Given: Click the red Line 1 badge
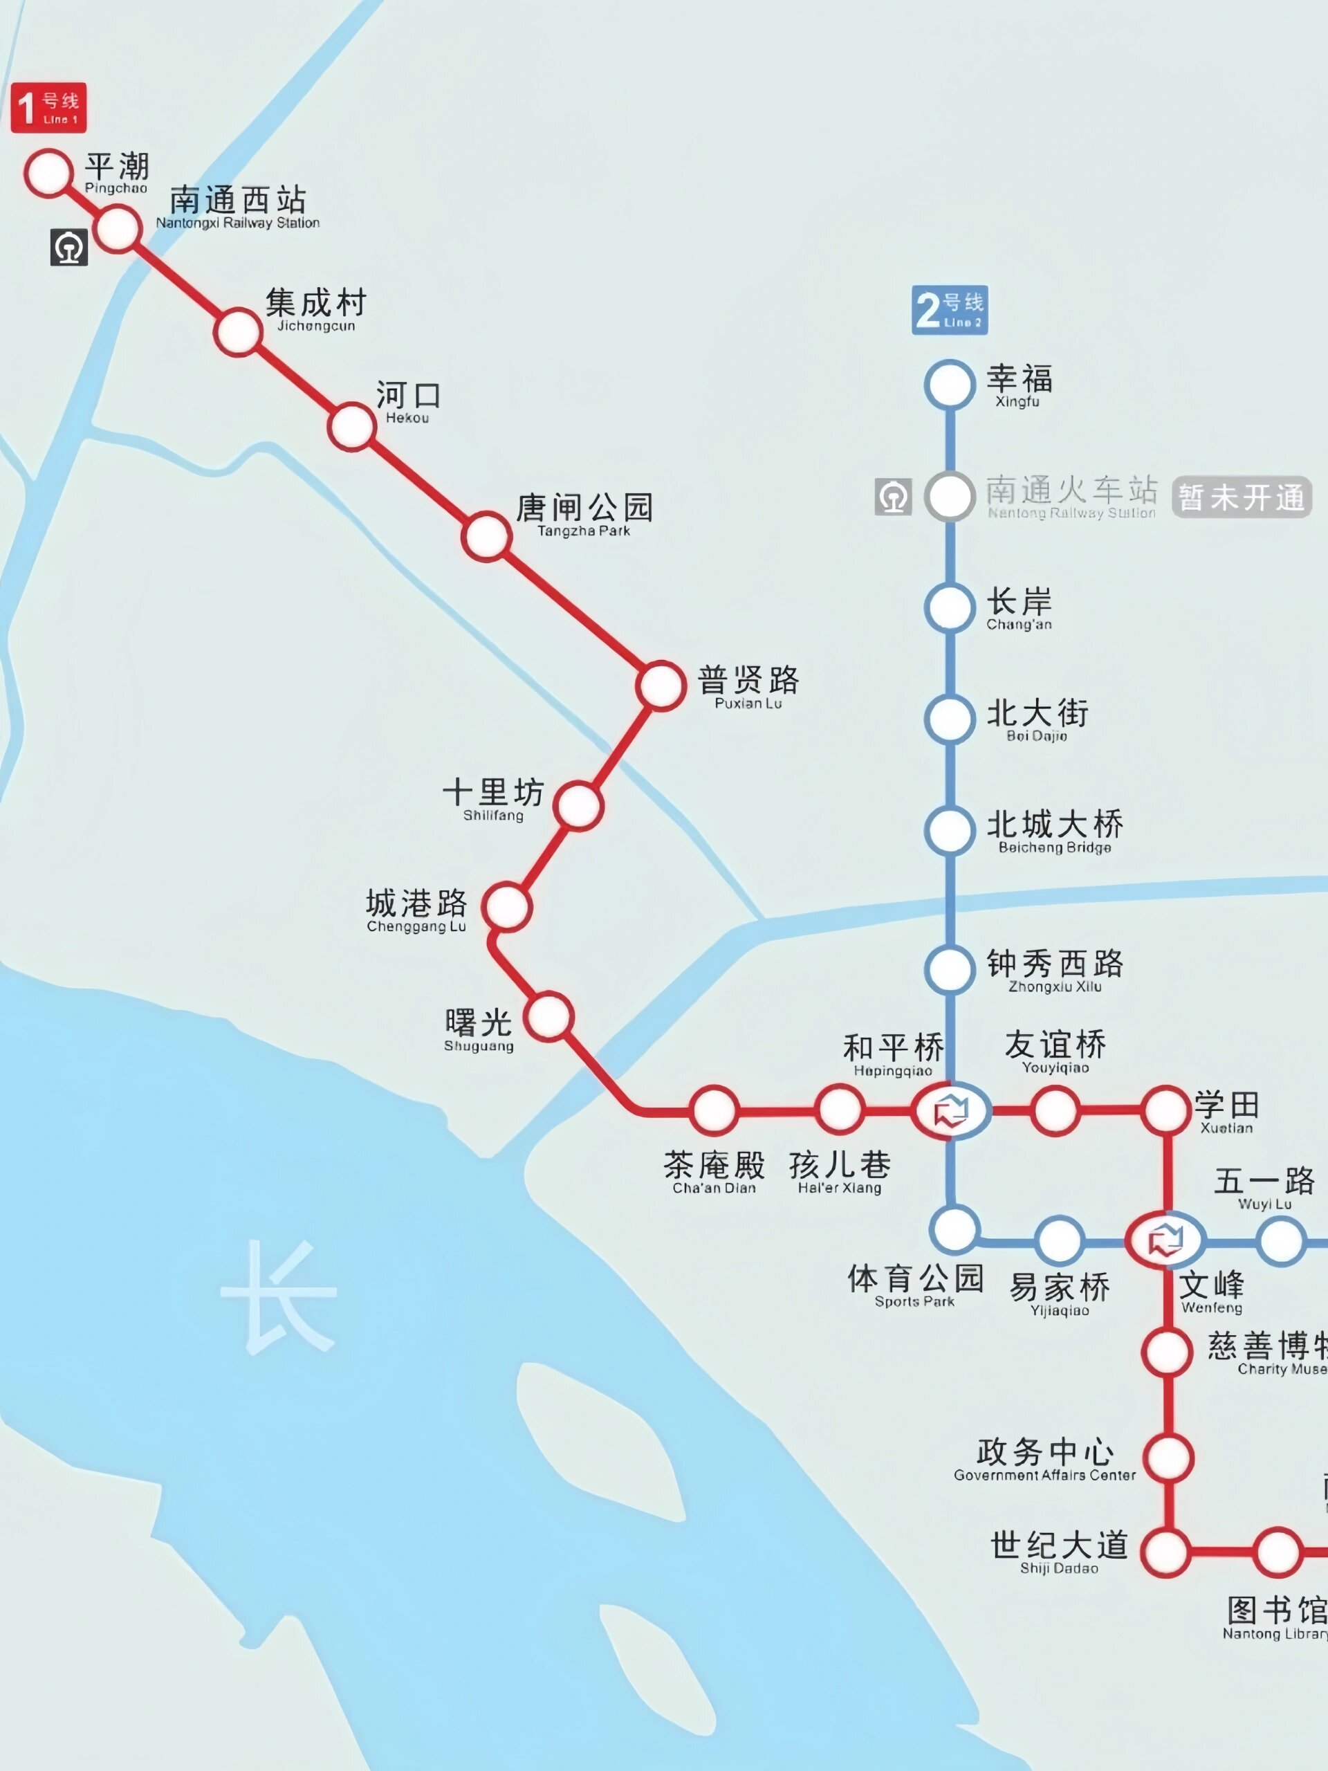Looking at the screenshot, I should coord(48,108).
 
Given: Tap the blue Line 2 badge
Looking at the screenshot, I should coord(950,310).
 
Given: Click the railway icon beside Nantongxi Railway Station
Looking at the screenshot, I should coord(69,248).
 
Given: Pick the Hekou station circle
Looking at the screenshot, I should coord(351,427).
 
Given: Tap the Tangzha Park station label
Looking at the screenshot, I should coord(584,515).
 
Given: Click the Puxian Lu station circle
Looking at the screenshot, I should coord(661,686).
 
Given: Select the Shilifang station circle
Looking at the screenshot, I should coord(578,805).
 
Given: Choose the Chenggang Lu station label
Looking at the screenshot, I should coord(416,910).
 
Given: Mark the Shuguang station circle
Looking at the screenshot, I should coord(549,1017).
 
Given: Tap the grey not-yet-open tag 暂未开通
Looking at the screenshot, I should coord(1241,497).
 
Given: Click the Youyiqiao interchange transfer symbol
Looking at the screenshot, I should coord(950,1110).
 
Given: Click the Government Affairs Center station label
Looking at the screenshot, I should coord(1044,1460).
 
